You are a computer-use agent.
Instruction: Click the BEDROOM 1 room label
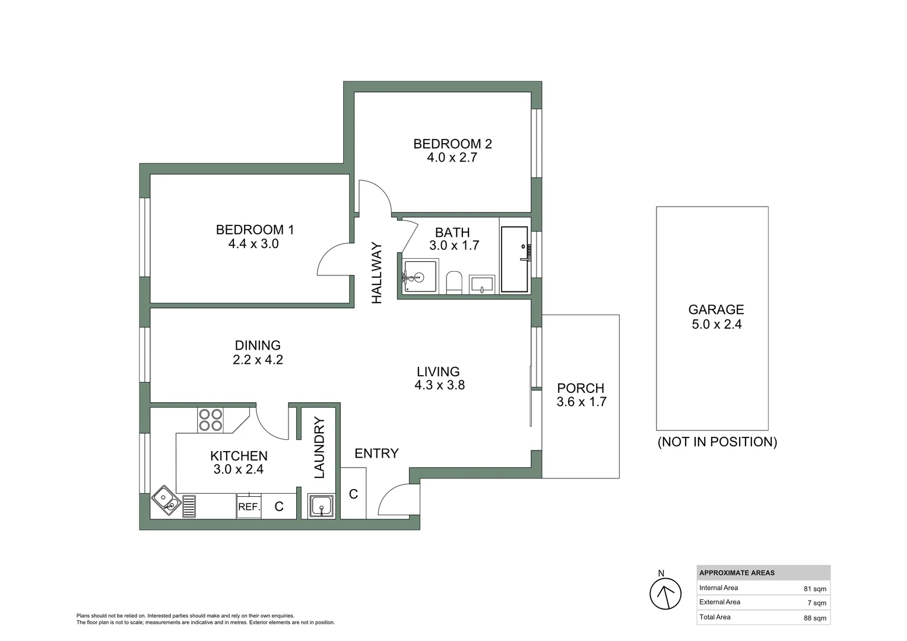[x=255, y=230]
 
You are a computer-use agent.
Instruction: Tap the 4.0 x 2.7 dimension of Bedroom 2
[x=452, y=158]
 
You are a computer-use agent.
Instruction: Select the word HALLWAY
[x=377, y=273]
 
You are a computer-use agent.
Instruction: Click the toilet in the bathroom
[x=454, y=283]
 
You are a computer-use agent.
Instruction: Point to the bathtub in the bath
[x=514, y=259]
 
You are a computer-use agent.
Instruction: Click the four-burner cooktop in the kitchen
[x=210, y=420]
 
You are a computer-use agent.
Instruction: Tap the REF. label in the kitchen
[x=249, y=507]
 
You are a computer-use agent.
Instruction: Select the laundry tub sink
[x=321, y=506]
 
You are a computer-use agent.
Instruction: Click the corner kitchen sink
[x=166, y=500]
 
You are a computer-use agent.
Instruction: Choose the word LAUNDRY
[x=319, y=448]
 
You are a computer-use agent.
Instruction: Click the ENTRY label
[x=376, y=453]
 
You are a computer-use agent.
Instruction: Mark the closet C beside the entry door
[x=353, y=494]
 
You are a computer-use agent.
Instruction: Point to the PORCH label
[x=581, y=388]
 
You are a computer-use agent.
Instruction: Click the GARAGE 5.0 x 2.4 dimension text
[x=716, y=325]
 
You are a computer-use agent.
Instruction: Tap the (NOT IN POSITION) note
[x=717, y=442]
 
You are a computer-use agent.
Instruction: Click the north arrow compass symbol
[x=665, y=594]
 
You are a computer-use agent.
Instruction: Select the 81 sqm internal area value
[x=814, y=589]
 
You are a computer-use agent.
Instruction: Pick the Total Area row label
[x=715, y=617]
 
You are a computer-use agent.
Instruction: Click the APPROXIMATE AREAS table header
[x=737, y=573]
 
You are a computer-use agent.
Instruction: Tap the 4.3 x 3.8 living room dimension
[x=439, y=385]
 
